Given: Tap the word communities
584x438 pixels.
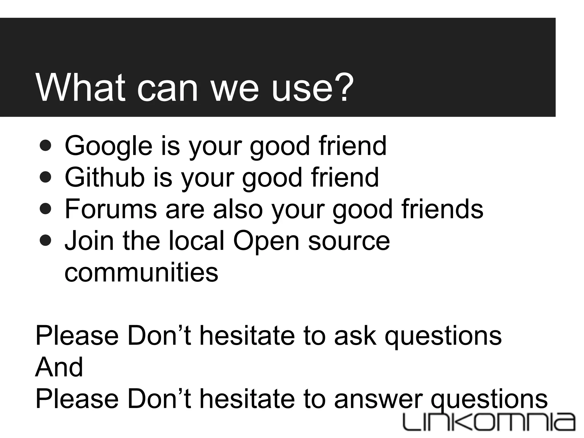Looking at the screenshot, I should (x=141, y=272).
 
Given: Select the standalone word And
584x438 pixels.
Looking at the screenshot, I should (x=59, y=367).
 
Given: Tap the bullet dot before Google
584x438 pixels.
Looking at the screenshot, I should (x=46, y=146).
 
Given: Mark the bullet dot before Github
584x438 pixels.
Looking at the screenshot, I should (x=46, y=178).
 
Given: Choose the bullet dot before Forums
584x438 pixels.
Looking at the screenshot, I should (x=46, y=209).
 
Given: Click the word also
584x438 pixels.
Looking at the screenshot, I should (x=238, y=209).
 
